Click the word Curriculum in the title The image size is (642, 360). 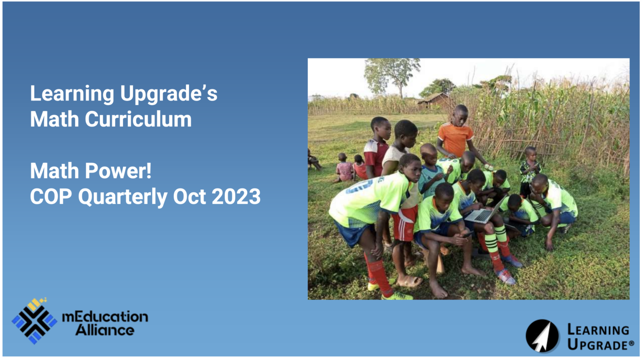[x=138, y=119]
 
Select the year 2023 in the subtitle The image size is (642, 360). [x=236, y=197]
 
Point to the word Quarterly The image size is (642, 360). [x=123, y=198]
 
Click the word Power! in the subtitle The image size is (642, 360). [x=118, y=171]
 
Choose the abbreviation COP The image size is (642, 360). [x=51, y=197]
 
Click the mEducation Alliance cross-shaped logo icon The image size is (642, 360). [x=34, y=321]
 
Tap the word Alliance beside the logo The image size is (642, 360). [x=105, y=330]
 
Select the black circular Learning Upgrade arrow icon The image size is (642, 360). [x=542, y=336]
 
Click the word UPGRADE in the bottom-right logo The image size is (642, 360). [x=601, y=344]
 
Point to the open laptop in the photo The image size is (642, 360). [x=485, y=211]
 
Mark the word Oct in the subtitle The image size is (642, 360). [x=189, y=197]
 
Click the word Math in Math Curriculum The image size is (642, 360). [x=55, y=119]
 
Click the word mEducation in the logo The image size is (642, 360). [x=105, y=317]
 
